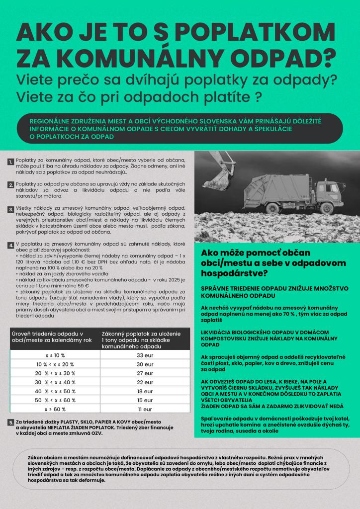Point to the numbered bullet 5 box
(11, 423)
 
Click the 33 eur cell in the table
(144, 355)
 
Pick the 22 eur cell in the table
(144, 382)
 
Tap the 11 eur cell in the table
(144, 409)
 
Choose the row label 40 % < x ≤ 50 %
(55, 391)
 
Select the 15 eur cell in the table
(144, 400)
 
